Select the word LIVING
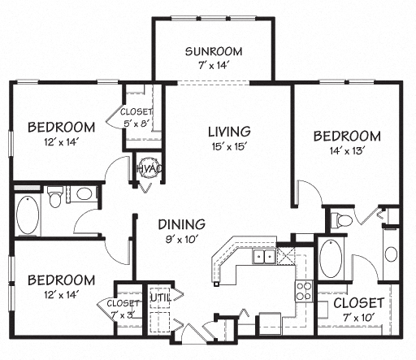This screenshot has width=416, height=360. pos(228,131)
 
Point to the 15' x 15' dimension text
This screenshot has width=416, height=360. pos(228,147)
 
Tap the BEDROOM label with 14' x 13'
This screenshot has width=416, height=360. pos(347,135)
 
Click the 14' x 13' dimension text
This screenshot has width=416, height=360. pos(347,151)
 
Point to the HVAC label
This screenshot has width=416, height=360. pos(147,167)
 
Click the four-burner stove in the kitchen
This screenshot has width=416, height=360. pos(304,291)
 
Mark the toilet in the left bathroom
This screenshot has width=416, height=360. pos(55,197)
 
